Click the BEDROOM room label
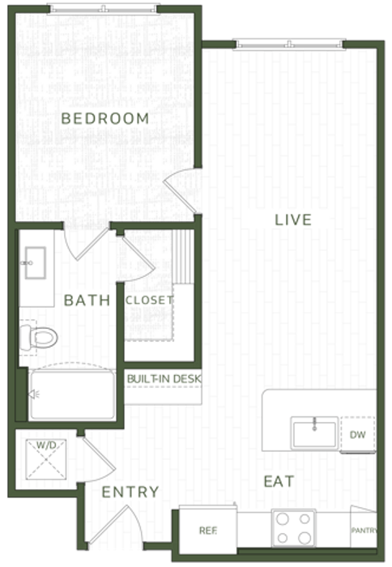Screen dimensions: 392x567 coord(105,118)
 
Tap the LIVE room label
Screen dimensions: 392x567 coord(293,220)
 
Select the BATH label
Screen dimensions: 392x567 coord(87,301)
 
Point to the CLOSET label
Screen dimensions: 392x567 coord(149,301)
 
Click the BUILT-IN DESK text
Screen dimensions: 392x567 coord(164,378)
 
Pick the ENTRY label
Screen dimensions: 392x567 coord(130,492)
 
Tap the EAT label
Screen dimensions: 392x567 coord(279,481)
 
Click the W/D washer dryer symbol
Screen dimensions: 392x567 coord(46,459)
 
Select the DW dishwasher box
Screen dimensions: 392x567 coord(358,434)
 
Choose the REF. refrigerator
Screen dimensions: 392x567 coord(208,530)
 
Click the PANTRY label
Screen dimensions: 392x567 coord(364,531)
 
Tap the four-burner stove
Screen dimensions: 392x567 coord(294,528)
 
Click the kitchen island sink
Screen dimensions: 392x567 coord(314,433)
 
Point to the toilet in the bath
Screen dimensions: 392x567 coord(38,338)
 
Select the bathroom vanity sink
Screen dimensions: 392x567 coord(35,263)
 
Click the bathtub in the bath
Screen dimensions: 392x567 coord(72,394)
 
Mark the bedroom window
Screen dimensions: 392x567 coord(104,9)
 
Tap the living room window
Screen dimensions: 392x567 coord(289,44)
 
